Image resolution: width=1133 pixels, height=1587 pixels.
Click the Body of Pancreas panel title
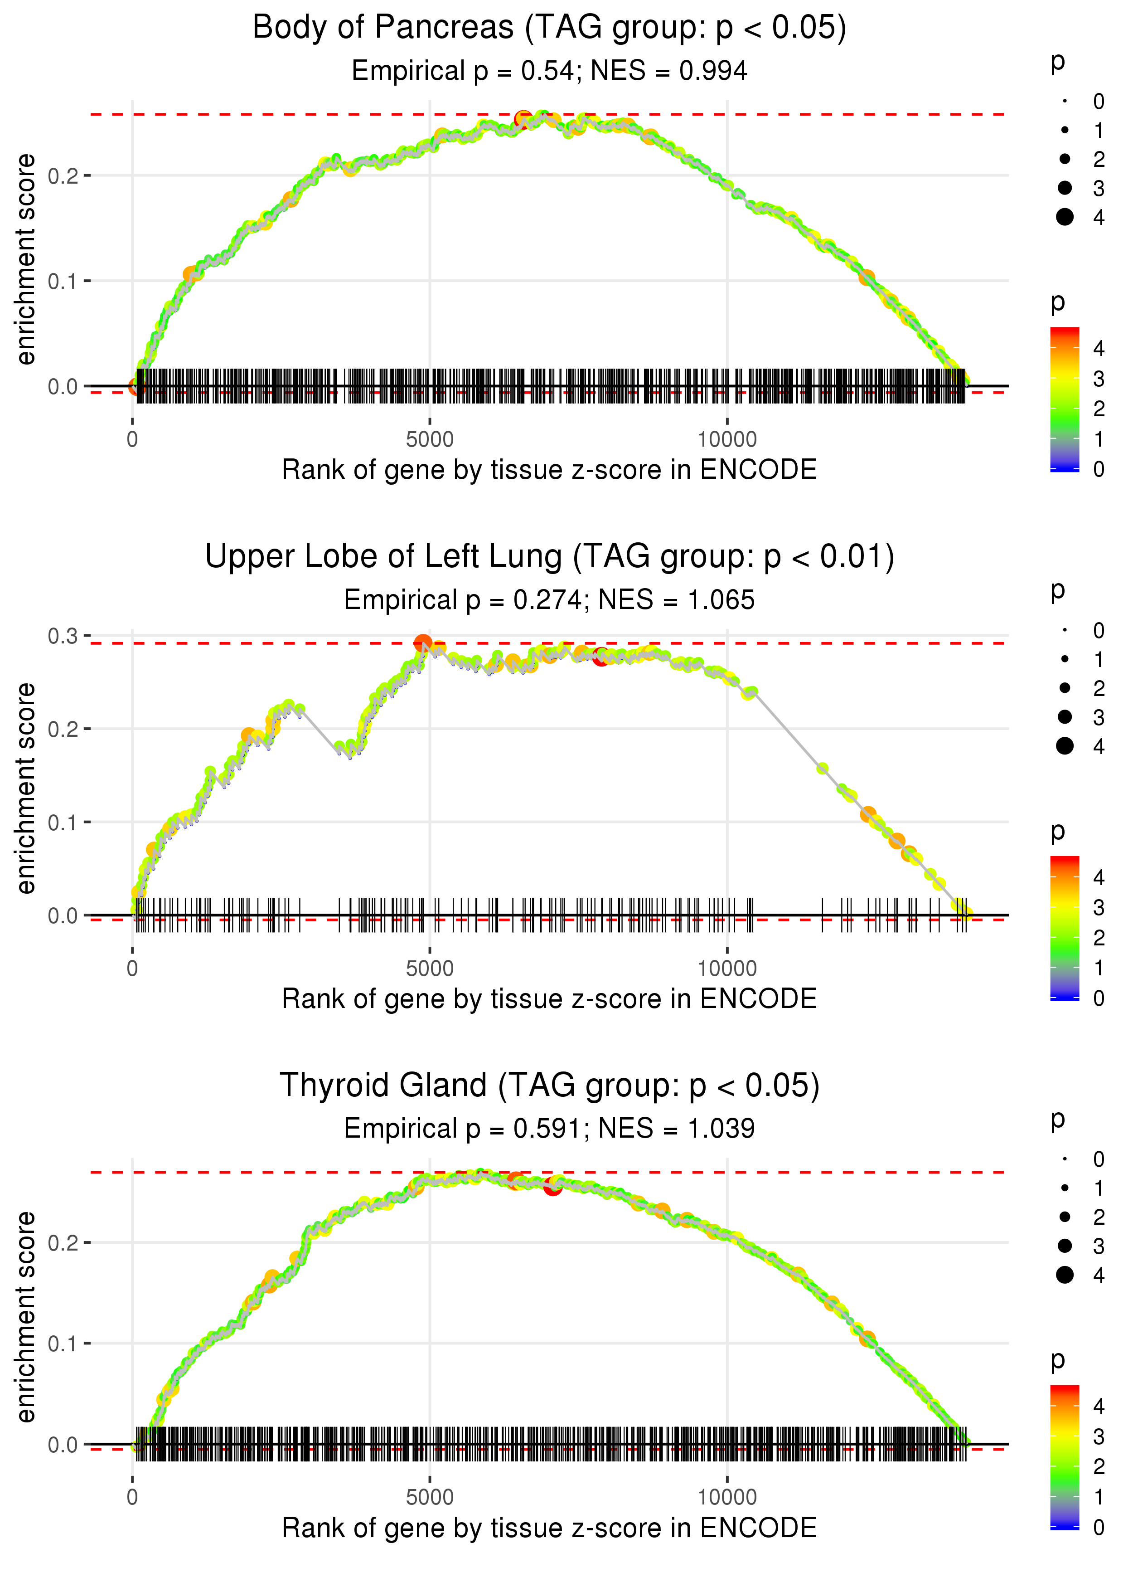[x=549, y=28]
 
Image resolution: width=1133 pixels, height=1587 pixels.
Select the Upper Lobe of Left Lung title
[x=549, y=557]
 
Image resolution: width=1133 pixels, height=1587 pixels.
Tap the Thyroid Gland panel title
[x=549, y=1085]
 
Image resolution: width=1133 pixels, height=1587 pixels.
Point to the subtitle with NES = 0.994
[x=549, y=71]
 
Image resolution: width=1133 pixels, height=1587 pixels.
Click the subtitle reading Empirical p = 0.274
[x=549, y=600]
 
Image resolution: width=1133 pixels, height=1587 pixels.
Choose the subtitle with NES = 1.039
[x=549, y=1129]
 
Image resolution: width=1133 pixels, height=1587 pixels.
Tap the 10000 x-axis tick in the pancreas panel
[x=727, y=440]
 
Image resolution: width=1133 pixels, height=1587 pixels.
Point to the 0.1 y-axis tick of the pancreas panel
[x=63, y=281]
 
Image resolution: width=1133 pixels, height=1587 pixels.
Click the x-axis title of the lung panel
[x=549, y=999]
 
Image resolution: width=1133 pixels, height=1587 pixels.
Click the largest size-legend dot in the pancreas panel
[x=1065, y=217]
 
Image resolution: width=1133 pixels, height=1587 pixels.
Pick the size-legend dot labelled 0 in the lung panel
[x=1065, y=630]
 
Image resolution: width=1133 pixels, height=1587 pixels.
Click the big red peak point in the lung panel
[x=423, y=643]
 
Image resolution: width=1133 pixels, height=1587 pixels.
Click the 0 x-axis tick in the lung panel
[x=132, y=969]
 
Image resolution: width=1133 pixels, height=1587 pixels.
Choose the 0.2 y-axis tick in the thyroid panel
[x=63, y=1243]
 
